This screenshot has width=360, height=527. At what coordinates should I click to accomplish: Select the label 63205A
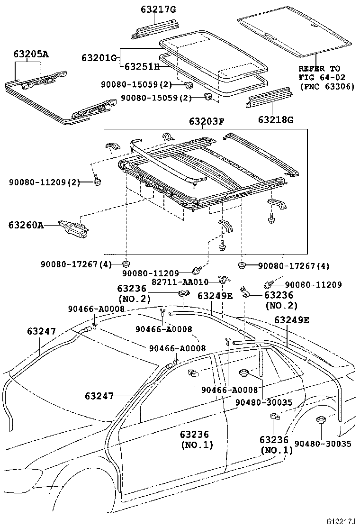pyautogui.click(x=30, y=54)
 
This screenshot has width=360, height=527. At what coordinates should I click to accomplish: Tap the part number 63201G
pyautogui.click(x=99, y=58)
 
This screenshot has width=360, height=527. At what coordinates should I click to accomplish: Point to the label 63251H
pyautogui.click(x=142, y=67)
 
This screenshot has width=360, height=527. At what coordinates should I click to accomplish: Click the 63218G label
pyautogui.click(x=275, y=119)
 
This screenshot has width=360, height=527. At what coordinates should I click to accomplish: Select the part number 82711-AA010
pyautogui.click(x=180, y=282)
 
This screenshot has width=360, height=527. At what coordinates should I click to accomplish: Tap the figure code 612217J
pyautogui.click(x=340, y=521)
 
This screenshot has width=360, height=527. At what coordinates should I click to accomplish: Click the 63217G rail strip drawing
pyautogui.click(x=156, y=28)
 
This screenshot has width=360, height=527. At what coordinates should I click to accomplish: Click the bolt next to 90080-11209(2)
pyautogui.click(x=97, y=182)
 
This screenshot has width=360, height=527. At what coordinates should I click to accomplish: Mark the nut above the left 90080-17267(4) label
pyautogui.click(x=126, y=263)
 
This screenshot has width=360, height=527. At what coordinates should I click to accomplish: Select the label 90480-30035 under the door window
pyautogui.click(x=263, y=402)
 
